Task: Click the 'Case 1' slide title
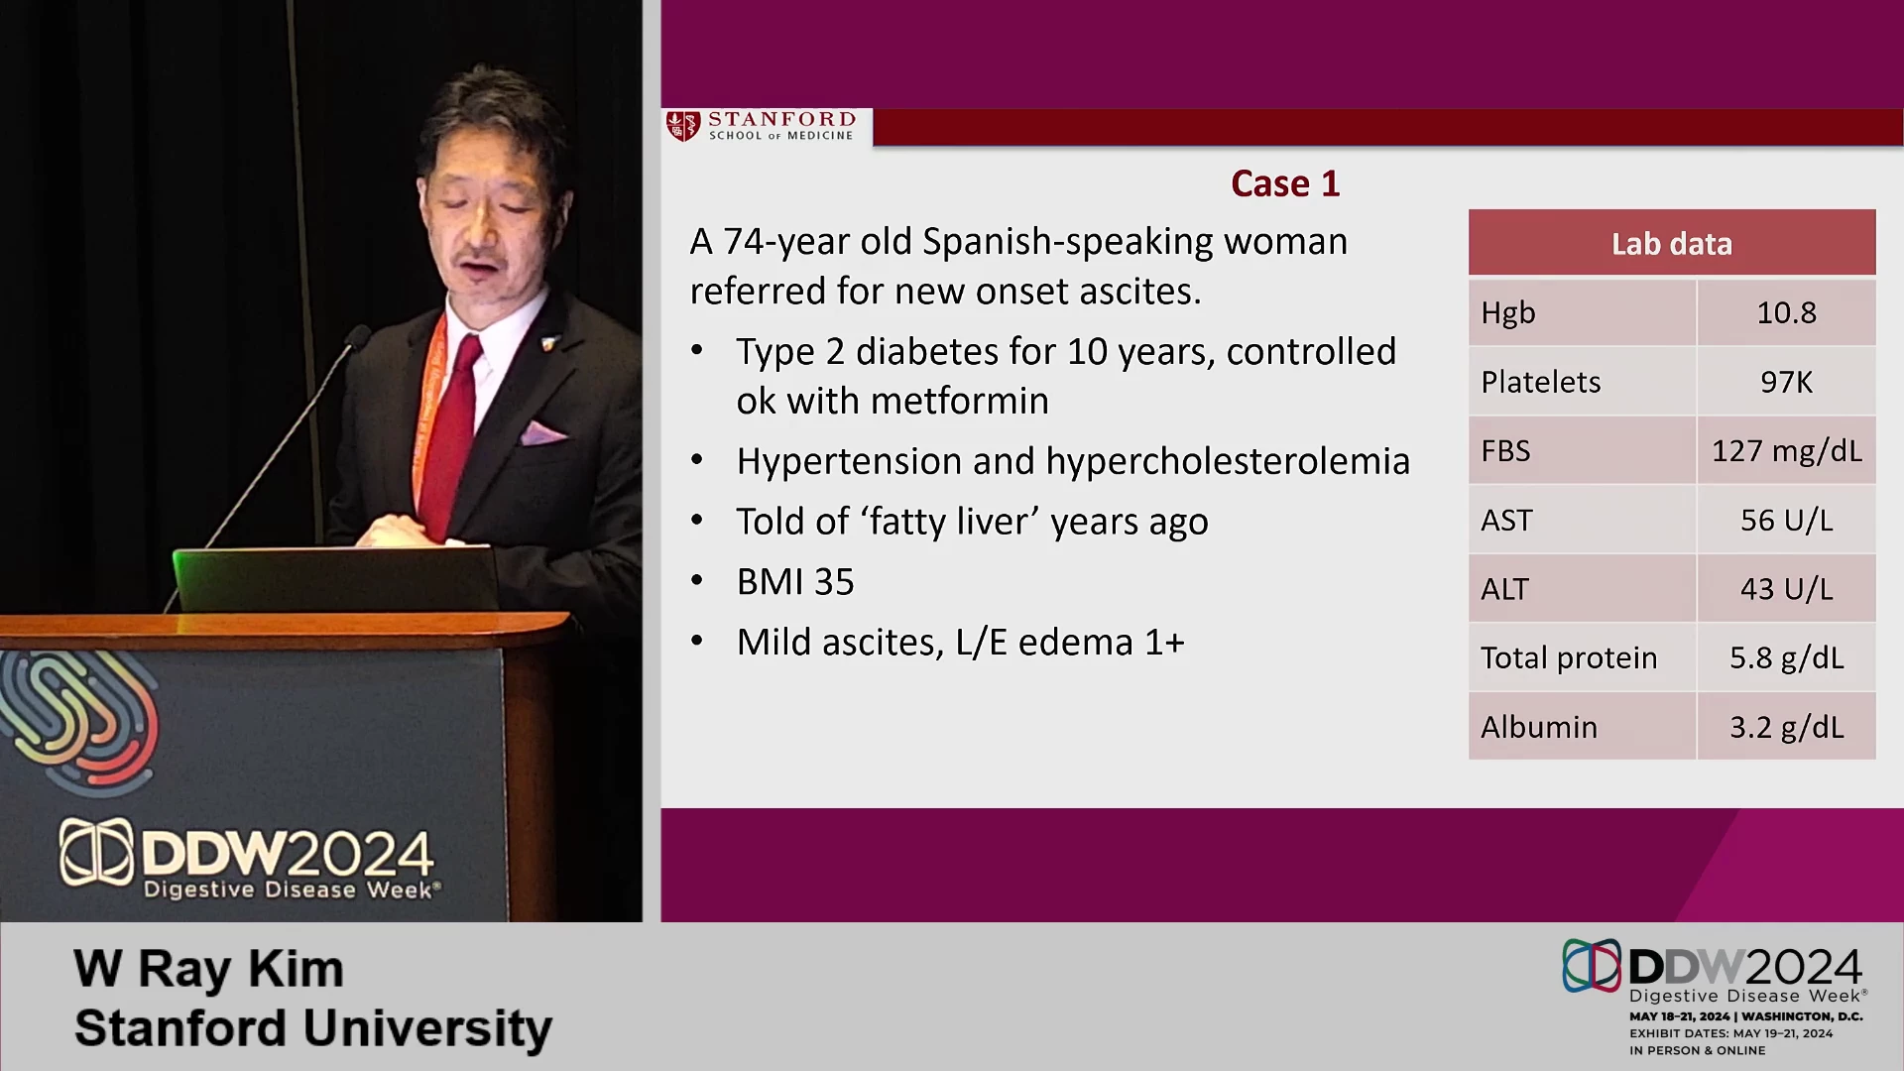(1285, 183)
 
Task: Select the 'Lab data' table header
(1672, 243)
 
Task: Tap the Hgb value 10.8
(1786, 312)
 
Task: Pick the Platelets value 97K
(1786, 382)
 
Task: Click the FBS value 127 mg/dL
(1786, 451)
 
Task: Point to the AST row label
(1506, 520)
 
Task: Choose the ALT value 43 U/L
(1786, 589)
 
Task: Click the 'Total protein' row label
(1569, 657)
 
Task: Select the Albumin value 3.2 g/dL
(1786, 727)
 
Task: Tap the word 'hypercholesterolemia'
(1228, 461)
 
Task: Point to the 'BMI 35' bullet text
(795, 582)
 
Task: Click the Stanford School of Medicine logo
(761, 126)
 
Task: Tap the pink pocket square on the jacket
(542, 432)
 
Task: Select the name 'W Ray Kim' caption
(209, 969)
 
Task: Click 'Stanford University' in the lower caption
(313, 1028)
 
